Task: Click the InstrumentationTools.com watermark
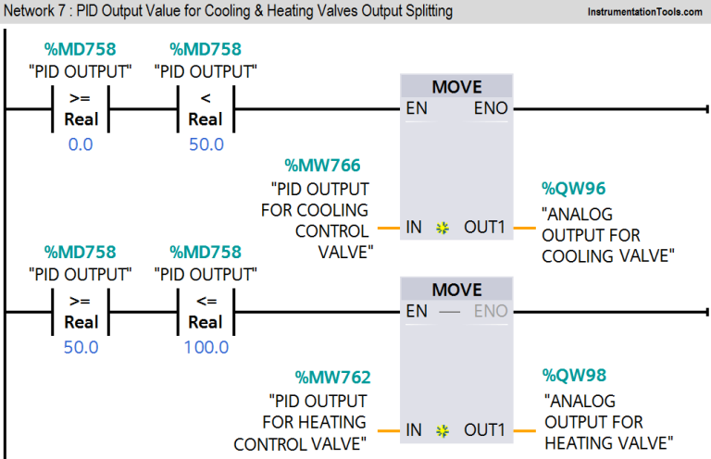click(638, 14)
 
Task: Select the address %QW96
click(574, 189)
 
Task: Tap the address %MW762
click(332, 377)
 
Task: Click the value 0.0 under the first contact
click(81, 144)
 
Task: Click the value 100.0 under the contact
click(206, 348)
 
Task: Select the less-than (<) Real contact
click(206, 108)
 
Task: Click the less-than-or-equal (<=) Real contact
click(206, 312)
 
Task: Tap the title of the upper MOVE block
click(456, 87)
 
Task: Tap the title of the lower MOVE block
click(456, 290)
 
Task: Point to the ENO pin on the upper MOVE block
click(491, 108)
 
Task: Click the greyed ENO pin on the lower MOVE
click(491, 312)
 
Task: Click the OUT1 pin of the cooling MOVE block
click(483, 227)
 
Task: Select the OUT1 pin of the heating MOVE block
click(483, 430)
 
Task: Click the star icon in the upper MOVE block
click(443, 227)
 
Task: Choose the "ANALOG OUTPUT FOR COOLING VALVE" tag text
click(605, 235)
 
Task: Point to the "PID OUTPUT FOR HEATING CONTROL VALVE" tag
click(306, 422)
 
